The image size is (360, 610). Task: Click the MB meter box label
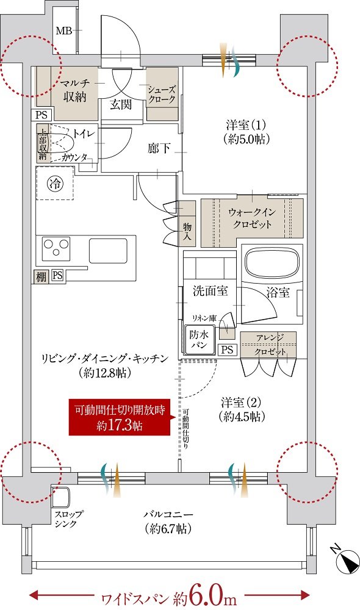click(x=64, y=30)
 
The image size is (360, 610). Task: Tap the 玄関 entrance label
click(x=120, y=104)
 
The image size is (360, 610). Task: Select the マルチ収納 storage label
click(x=74, y=90)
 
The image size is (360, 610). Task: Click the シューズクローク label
click(x=162, y=95)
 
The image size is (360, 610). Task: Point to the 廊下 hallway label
click(x=159, y=148)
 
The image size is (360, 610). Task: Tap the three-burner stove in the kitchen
click(x=56, y=249)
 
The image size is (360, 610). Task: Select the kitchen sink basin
click(x=108, y=251)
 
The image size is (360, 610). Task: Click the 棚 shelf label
click(x=41, y=276)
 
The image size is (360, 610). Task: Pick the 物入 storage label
click(x=187, y=231)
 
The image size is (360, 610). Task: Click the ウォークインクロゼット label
click(x=251, y=218)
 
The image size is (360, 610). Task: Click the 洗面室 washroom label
click(x=211, y=291)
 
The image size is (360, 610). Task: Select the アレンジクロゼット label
click(x=269, y=345)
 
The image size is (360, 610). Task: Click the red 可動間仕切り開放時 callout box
click(x=120, y=417)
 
